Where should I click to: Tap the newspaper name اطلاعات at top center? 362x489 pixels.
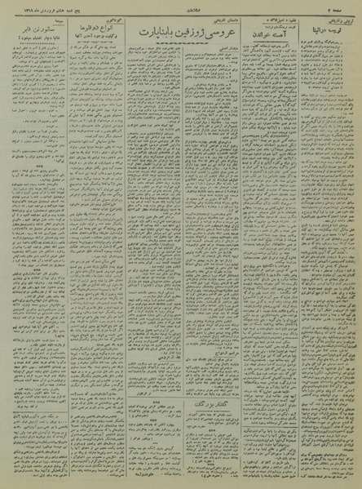click(x=181, y=7)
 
